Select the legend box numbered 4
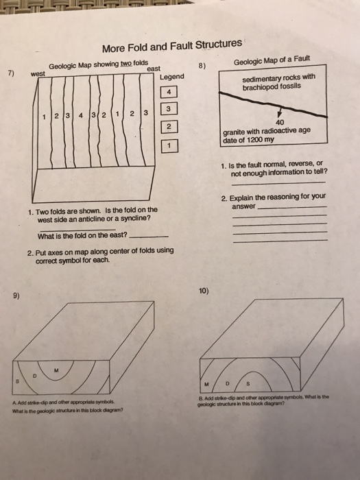point(171,92)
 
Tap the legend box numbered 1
point(171,145)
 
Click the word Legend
point(171,76)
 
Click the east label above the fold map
point(153,69)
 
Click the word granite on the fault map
point(236,132)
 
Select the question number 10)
point(204,290)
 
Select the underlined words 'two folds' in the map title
point(134,63)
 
